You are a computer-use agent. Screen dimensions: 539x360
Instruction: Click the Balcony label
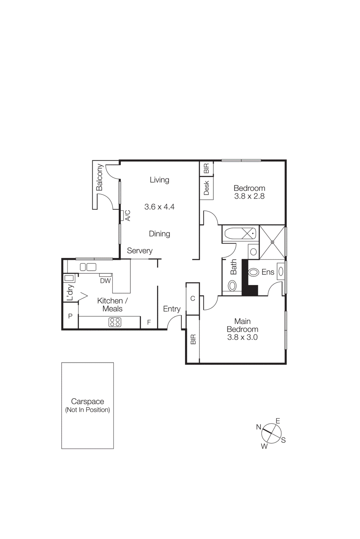pos(99,177)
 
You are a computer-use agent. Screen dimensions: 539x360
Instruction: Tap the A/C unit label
pos(128,216)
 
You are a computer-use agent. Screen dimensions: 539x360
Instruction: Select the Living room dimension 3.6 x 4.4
pos(159,207)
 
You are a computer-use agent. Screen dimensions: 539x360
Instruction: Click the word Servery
pos(139,251)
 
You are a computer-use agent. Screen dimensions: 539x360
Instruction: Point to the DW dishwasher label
pos(105,281)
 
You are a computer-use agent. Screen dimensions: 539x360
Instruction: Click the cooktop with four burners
pos(115,322)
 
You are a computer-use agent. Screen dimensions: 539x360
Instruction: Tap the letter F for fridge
pos(149,322)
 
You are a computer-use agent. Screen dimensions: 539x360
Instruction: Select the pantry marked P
pos(70,316)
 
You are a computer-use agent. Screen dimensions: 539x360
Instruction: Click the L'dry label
pos(70,292)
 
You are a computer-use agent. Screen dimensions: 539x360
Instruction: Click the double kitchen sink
pos(88,267)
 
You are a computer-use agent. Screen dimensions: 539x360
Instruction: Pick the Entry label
pos(172,309)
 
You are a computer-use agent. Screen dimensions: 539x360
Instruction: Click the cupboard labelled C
pos(193,298)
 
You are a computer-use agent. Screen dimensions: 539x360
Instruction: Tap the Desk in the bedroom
pos(206,188)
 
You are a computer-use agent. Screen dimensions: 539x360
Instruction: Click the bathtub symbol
pos(240,233)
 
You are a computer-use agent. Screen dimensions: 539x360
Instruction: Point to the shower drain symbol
pos(272,242)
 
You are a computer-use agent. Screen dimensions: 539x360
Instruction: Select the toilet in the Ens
pos(253,272)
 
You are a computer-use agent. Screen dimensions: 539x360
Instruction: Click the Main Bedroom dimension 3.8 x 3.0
pos(242,337)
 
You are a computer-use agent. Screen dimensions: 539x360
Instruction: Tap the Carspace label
pos(88,401)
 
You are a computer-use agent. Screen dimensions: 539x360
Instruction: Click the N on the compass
pos(259,427)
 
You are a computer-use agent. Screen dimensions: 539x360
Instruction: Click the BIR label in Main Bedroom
pos(193,339)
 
